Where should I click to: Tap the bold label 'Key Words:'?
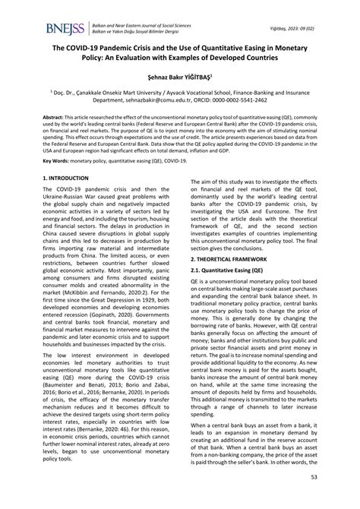click(x=58, y=183)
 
